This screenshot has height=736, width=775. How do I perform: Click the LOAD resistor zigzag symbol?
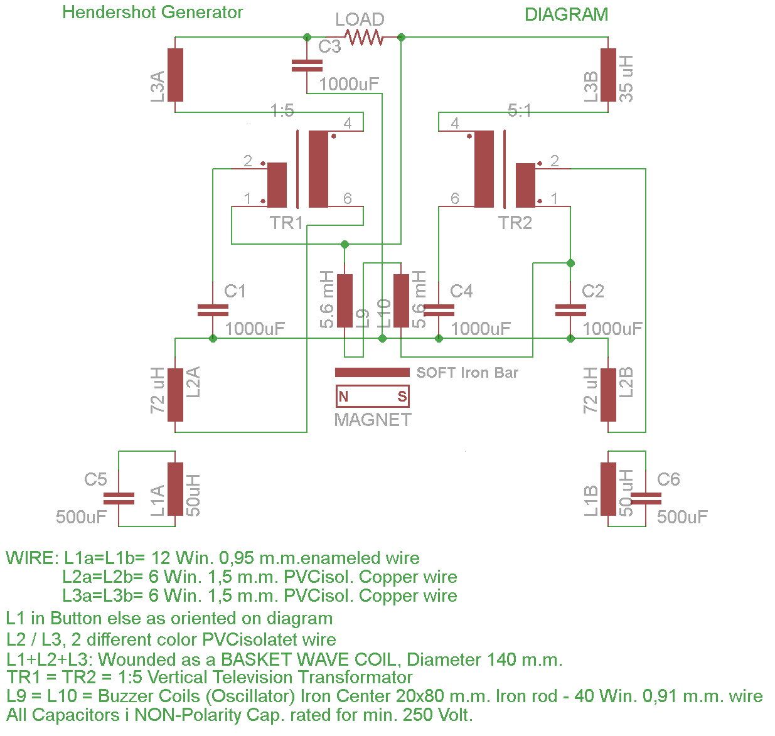(x=363, y=38)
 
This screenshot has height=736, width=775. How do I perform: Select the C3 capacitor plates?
(x=307, y=65)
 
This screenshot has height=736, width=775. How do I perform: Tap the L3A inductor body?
(x=175, y=75)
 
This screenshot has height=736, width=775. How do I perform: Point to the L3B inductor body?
(x=607, y=75)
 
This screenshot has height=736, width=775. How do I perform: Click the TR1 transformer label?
(x=286, y=223)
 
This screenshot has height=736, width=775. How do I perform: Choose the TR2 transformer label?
(x=515, y=223)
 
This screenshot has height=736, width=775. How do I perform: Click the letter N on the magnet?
(x=343, y=396)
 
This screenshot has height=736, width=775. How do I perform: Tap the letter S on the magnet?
(x=402, y=396)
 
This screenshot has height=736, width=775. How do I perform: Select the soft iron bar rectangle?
(x=371, y=372)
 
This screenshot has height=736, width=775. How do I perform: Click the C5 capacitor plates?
(x=119, y=498)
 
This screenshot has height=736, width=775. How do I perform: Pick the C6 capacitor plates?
(x=645, y=498)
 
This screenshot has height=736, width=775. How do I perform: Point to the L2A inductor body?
(x=175, y=395)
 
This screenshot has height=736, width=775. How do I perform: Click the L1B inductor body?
(x=607, y=489)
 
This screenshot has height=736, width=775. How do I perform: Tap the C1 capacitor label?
(x=235, y=291)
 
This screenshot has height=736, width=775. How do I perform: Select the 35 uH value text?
(x=626, y=78)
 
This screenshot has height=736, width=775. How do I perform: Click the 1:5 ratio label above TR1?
(x=282, y=110)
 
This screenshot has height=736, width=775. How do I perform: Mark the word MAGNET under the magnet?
(x=373, y=419)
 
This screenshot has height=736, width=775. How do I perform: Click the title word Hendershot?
(x=109, y=12)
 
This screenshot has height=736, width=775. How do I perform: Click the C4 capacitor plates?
(x=439, y=310)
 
